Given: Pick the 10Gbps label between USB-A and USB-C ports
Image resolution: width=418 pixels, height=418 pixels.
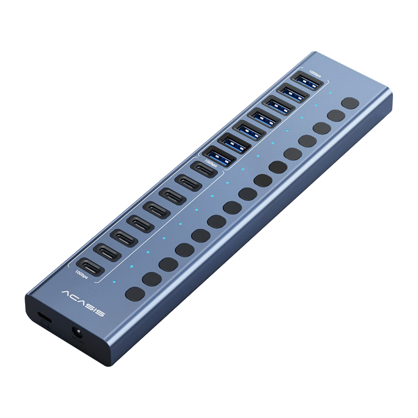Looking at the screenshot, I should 211,163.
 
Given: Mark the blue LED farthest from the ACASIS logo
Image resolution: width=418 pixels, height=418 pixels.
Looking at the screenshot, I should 330,93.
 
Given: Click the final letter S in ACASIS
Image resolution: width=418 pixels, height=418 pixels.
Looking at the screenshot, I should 100,313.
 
